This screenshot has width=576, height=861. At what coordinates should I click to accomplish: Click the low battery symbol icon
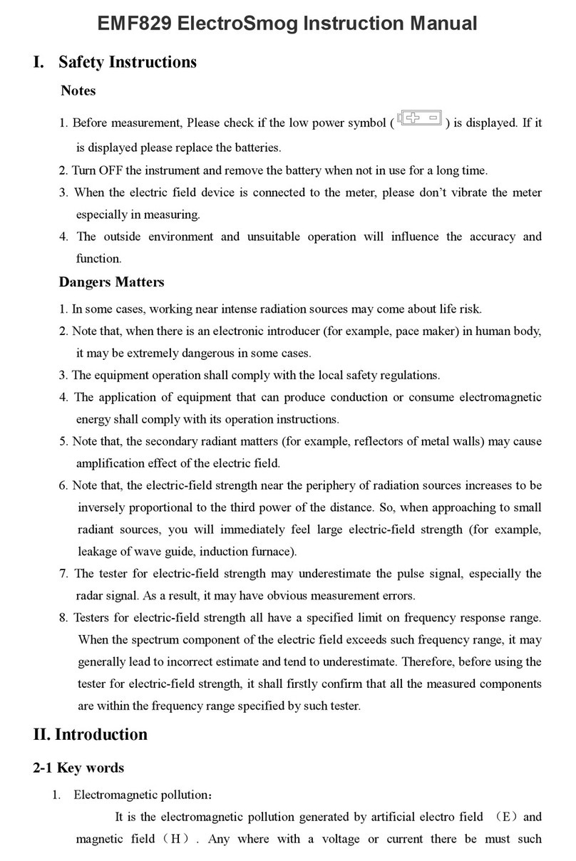click(x=421, y=118)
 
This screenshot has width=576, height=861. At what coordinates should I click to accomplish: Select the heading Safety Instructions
click(x=127, y=62)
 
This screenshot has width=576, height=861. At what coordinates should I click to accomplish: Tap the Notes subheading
click(x=78, y=91)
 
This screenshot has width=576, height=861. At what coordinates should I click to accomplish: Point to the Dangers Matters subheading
click(x=111, y=282)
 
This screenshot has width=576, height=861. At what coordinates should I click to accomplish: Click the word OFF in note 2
click(x=111, y=170)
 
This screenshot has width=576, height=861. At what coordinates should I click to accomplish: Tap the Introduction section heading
click(x=101, y=735)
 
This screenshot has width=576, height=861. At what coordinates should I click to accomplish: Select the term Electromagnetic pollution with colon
click(x=143, y=795)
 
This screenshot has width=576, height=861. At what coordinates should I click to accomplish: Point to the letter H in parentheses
click(x=175, y=839)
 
